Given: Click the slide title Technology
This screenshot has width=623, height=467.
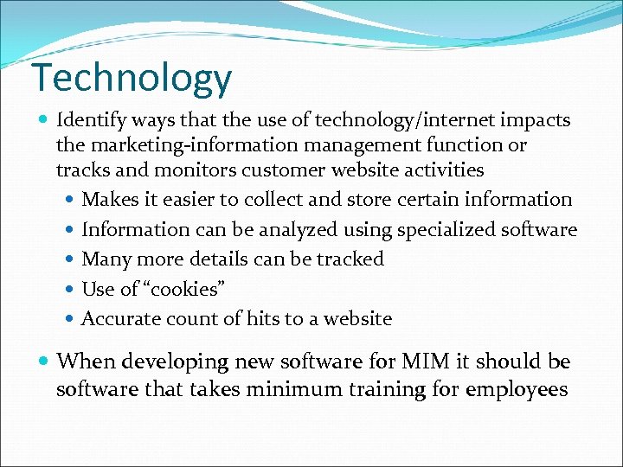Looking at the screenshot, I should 132,79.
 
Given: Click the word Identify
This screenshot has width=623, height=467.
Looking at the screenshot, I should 91,119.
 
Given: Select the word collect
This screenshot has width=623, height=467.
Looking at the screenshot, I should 273,200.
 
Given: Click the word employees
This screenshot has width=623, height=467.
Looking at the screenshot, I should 517,390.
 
